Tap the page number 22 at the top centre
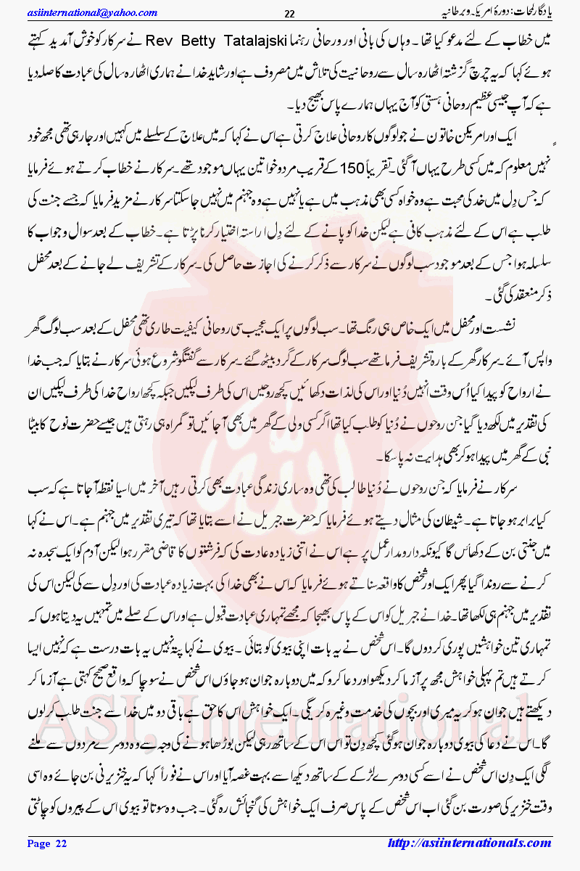tap(289, 13)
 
